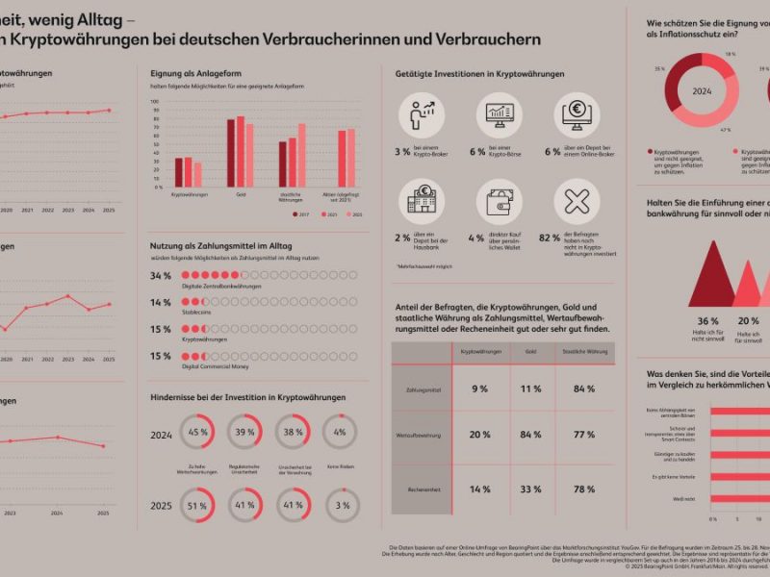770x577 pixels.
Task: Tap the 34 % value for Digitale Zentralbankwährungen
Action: pos(161,276)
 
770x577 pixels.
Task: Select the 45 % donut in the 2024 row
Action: pos(198,432)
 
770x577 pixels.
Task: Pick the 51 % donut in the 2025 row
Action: pos(198,505)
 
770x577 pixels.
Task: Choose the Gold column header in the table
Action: pos(530,352)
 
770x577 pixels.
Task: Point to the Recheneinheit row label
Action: pos(423,489)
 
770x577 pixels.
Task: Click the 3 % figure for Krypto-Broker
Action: pos(402,152)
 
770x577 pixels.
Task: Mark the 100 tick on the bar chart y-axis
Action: pos(156,101)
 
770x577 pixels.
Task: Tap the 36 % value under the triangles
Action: pos(707,321)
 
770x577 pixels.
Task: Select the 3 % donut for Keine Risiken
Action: pos(340,505)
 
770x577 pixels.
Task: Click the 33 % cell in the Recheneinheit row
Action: pos(530,489)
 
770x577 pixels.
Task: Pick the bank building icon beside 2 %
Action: pos(422,202)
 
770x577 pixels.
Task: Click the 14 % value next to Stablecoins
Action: pos(161,303)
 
